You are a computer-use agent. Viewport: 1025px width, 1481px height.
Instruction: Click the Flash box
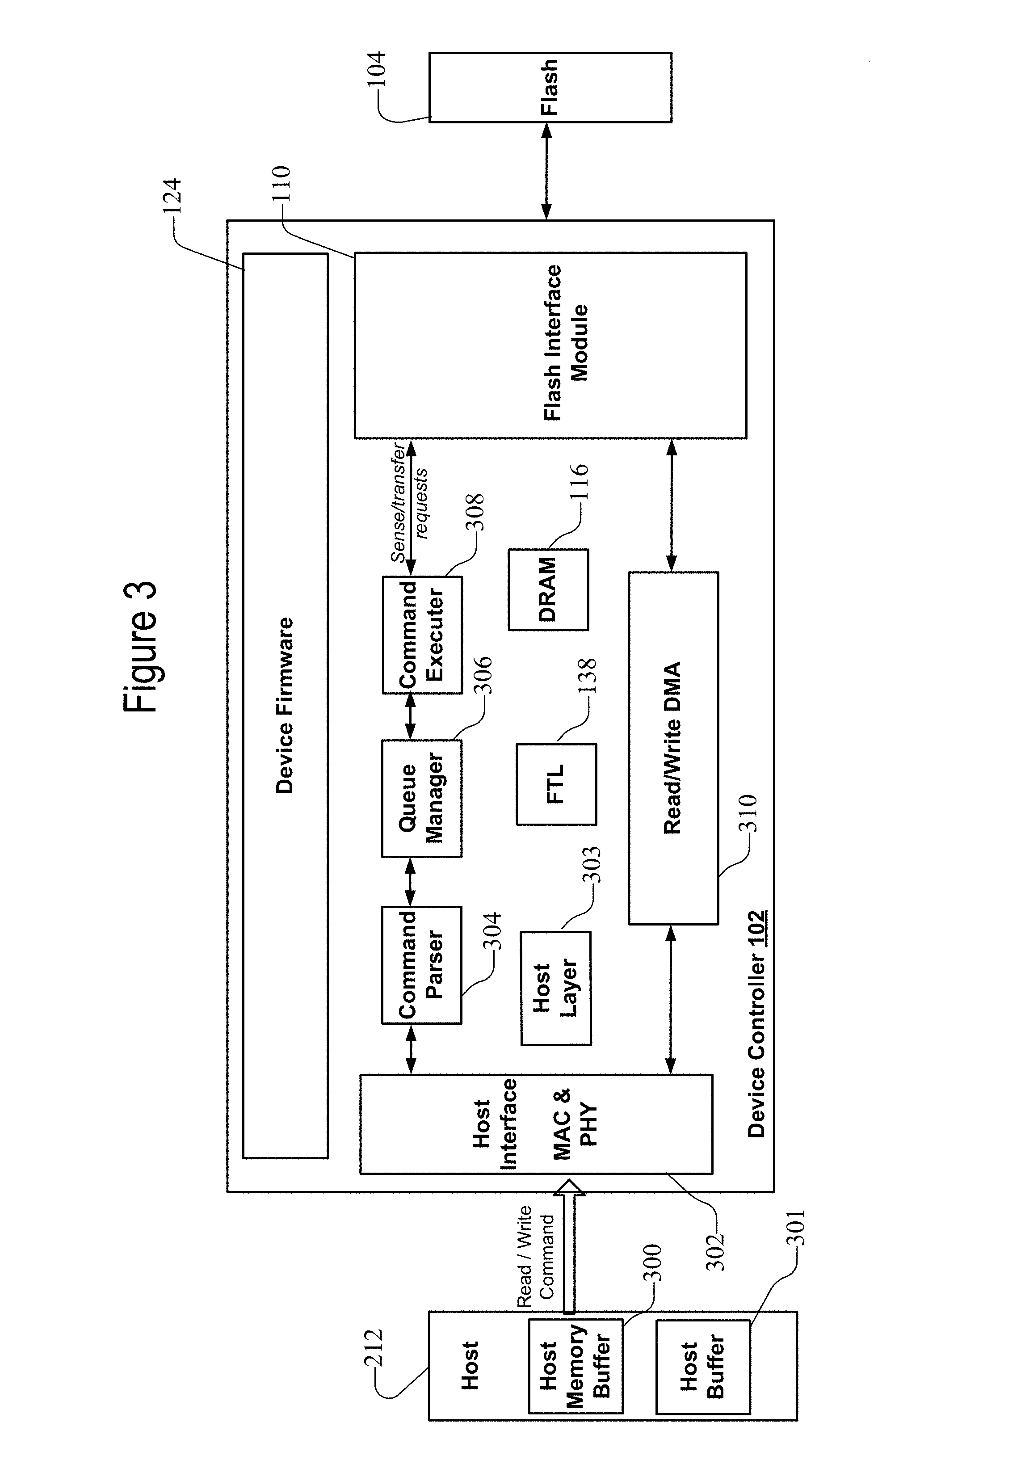[550, 87]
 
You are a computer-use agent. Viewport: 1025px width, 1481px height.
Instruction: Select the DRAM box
[548, 589]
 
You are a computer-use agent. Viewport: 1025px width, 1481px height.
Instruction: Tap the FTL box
[557, 784]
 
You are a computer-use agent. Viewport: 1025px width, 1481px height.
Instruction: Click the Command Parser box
[422, 965]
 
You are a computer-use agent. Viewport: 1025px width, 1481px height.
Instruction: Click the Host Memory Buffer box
[576, 1367]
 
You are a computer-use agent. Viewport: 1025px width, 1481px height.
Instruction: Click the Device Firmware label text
[285, 706]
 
